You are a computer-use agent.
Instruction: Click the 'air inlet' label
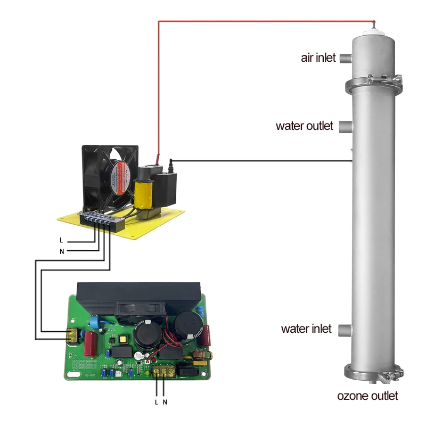click(x=318, y=58)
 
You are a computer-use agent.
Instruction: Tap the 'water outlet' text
click(x=304, y=126)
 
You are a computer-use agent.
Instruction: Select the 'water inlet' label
click(x=306, y=329)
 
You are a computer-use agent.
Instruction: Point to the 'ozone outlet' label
click(x=367, y=396)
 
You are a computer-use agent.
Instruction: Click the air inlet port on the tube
click(x=346, y=58)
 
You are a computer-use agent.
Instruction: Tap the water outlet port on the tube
click(x=346, y=127)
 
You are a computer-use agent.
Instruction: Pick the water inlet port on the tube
click(x=346, y=329)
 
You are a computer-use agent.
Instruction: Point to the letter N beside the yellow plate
click(x=61, y=251)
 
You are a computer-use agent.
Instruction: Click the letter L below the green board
click(x=157, y=402)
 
